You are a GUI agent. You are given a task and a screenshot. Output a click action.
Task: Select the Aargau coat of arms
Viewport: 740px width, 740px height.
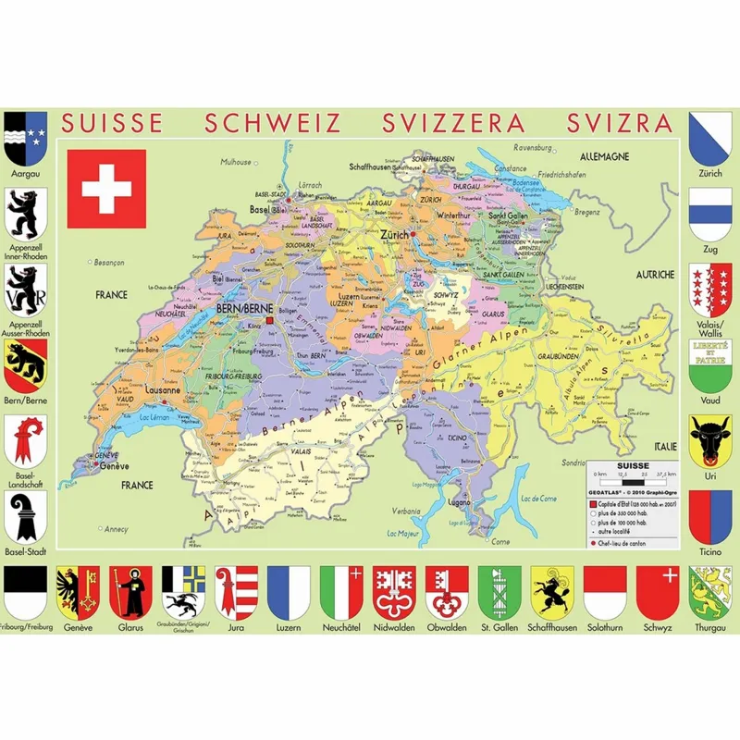point(26,137)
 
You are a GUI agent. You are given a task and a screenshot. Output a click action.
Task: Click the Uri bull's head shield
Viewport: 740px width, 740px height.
point(710,438)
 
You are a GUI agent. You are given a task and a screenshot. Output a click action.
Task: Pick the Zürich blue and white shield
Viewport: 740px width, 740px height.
point(710,137)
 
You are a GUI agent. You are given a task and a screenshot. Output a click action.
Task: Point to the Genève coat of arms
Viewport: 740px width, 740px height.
point(77,592)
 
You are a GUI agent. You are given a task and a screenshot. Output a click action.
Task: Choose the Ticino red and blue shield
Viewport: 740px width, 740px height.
point(710,515)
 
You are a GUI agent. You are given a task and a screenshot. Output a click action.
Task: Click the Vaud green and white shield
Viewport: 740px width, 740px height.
point(710,364)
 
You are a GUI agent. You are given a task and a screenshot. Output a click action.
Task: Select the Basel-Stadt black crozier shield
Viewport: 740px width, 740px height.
point(26,515)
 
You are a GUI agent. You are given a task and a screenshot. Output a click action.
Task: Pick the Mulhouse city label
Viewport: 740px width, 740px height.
point(236,162)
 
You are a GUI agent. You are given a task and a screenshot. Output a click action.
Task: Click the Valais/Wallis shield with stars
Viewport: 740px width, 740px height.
point(710,288)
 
